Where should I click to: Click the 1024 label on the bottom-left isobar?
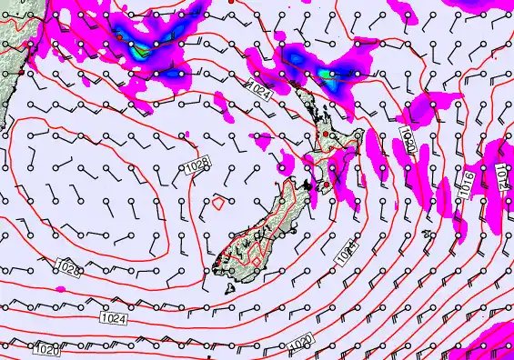coord(113,319)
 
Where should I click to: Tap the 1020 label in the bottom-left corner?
coord(45,348)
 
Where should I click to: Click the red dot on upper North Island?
coord(326,134)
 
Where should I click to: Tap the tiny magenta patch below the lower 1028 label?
coord(62,289)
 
